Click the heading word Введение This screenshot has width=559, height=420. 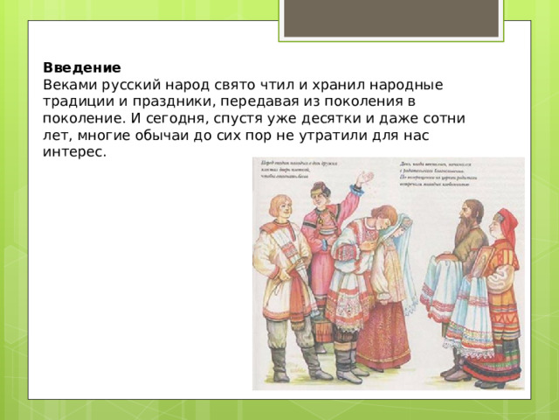click(x=81, y=67)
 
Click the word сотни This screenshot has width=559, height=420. click(x=443, y=118)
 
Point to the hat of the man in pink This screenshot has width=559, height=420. click(x=319, y=187)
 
